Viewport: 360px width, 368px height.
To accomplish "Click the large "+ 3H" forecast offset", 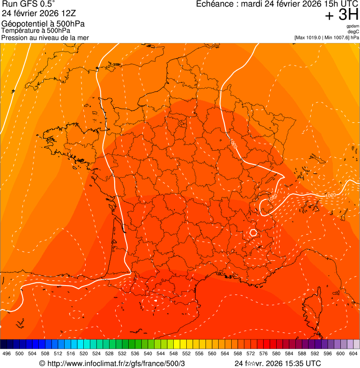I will tap(342, 15).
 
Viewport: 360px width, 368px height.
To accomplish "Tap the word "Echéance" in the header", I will tap(216, 4).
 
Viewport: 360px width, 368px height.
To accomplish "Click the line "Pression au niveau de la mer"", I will tap(45, 37).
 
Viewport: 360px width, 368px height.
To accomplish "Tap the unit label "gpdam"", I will tap(353, 27).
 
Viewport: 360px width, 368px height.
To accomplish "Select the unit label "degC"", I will tap(353, 32).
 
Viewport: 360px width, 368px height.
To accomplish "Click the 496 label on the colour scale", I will tap(7, 353).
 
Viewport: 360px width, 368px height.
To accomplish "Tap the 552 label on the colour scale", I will tap(186, 353).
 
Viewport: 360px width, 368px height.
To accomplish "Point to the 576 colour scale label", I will tap(264, 353).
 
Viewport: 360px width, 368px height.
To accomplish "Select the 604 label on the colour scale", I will tap(353, 353).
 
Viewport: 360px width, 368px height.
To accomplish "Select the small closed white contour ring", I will tap(253, 232).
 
